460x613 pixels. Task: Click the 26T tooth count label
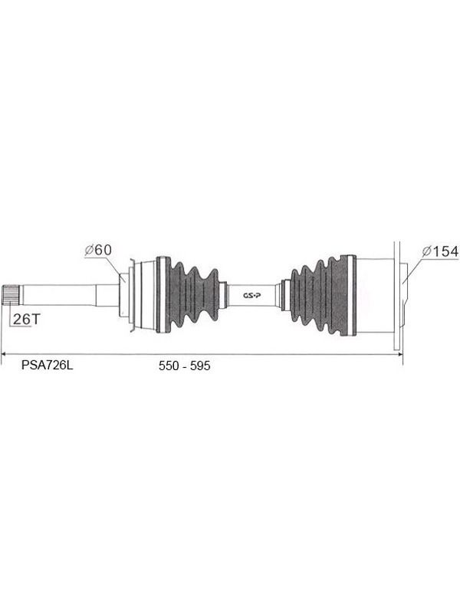click(x=26, y=319)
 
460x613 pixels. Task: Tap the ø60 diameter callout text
click(x=98, y=250)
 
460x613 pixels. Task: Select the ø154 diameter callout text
click(x=440, y=251)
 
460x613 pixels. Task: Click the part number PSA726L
click(x=47, y=366)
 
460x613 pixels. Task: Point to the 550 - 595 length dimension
click(x=184, y=366)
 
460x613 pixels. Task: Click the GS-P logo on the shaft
click(x=252, y=296)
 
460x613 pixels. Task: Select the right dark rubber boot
click(x=322, y=296)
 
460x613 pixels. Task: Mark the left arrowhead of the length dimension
click(x=3, y=354)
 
